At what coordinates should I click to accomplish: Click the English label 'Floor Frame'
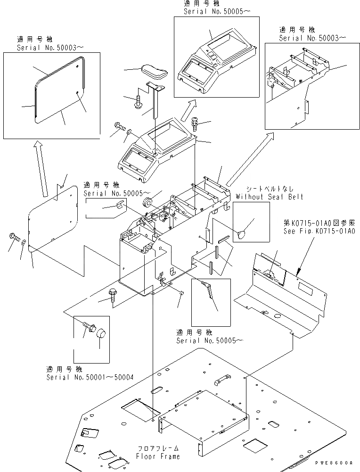tap(158, 456)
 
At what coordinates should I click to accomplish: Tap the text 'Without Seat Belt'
tap(269, 197)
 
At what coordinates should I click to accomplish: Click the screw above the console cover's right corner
tap(196, 125)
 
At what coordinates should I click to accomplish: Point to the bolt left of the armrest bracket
tap(138, 101)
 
